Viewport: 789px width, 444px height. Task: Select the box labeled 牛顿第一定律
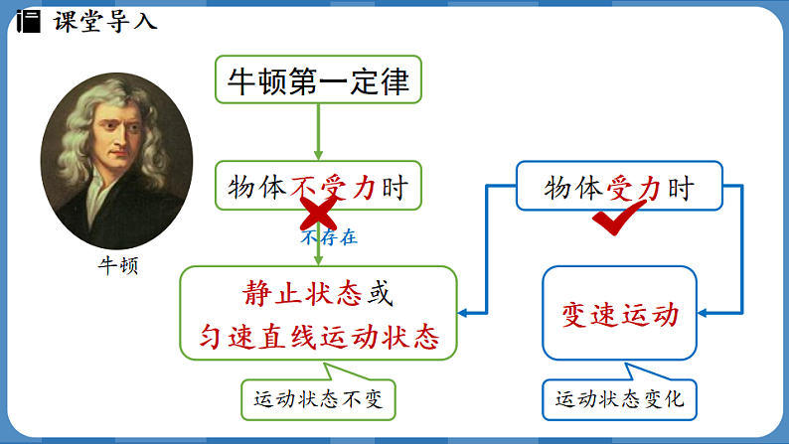[x=318, y=80]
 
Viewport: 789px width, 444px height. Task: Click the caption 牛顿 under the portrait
[x=117, y=266]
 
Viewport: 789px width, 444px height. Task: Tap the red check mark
[x=619, y=220]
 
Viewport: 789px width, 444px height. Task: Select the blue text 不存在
[x=328, y=237]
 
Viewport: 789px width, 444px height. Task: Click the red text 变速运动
[x=620, y=314]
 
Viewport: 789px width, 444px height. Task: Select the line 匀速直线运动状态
[x=318, y=336]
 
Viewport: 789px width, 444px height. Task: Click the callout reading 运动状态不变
[x=318, y=401]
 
